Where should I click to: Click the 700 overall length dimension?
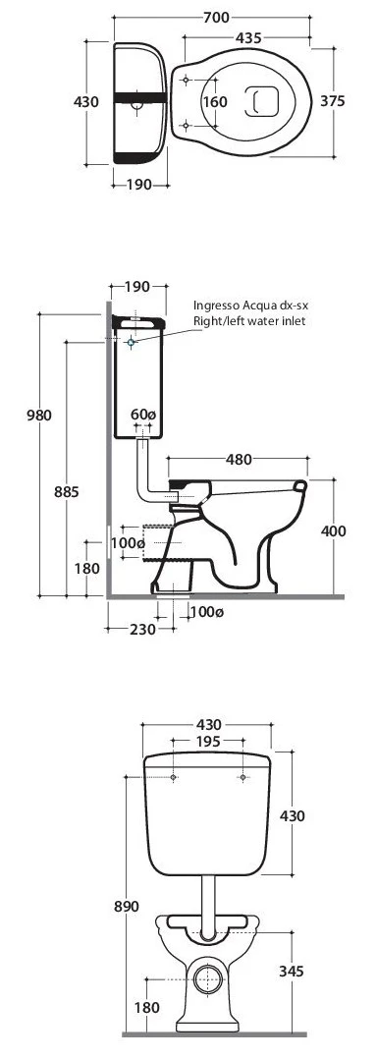[x=216, y=18]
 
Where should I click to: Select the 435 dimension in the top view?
[x=249, y=38]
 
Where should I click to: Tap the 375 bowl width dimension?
[x=332, y=101]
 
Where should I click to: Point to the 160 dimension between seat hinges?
[x=215, y=102]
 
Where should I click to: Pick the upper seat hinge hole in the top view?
[x=186, y=80]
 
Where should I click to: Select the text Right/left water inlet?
[x=249, y=321]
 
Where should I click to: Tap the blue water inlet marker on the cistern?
[x=131, y=343]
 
